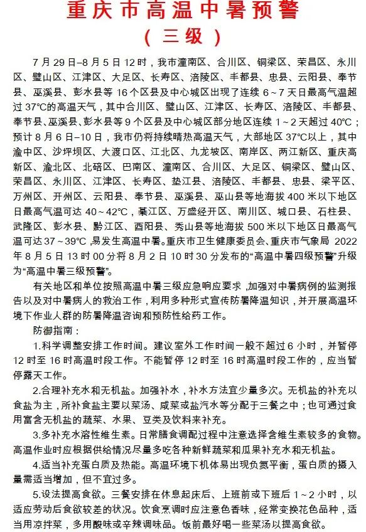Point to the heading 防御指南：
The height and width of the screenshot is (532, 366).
56,329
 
